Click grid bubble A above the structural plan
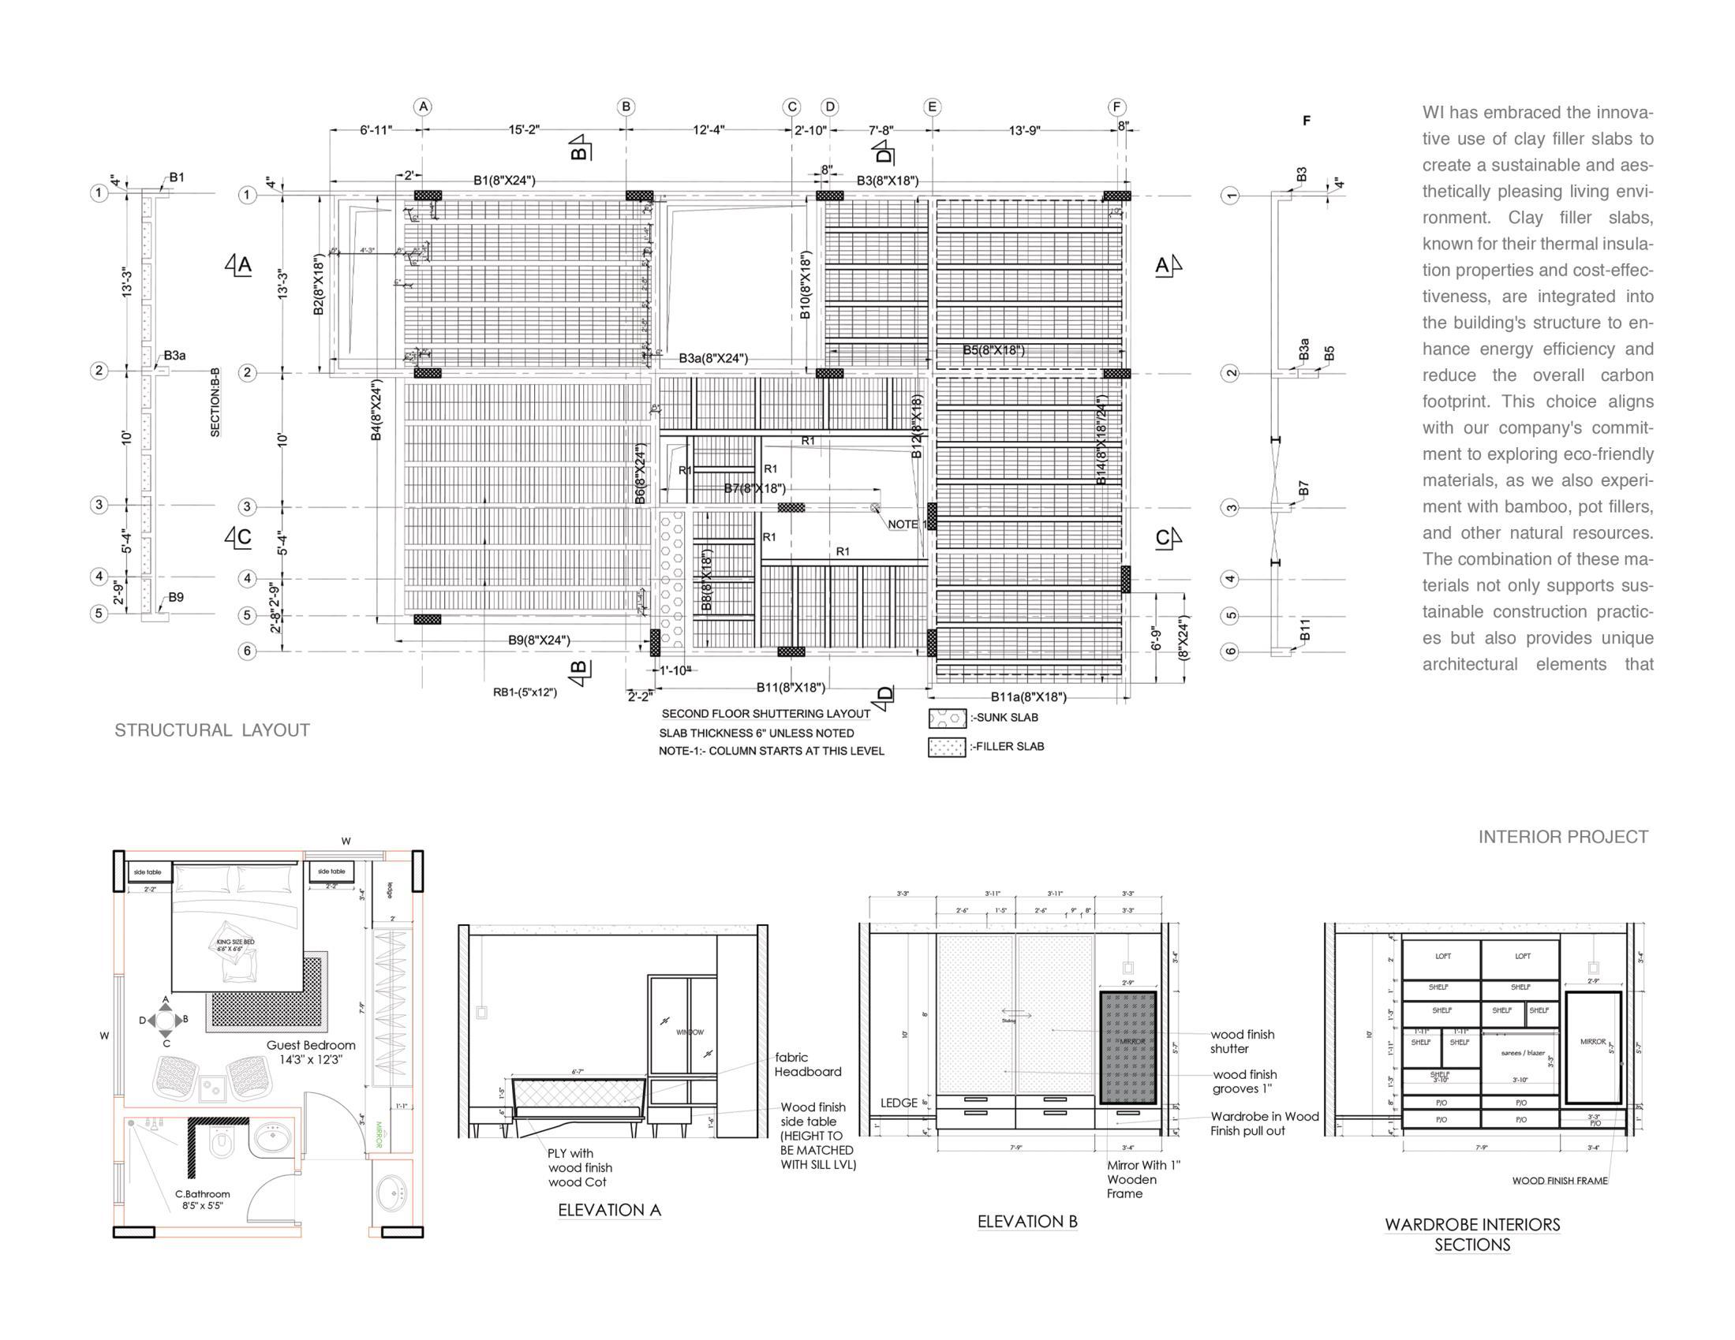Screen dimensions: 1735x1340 coord(424,106)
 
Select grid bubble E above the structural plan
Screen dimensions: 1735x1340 coord(933,106)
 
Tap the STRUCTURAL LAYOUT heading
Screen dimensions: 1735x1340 coord(212,730)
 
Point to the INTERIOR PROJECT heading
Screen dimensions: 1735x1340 coord(1563,836)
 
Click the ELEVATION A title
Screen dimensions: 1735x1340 coord(609,1210)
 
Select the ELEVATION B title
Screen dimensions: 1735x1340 coord(1027,1222)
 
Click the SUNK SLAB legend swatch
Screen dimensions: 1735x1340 coord(947,718)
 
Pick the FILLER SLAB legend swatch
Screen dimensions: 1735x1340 coord(947,747)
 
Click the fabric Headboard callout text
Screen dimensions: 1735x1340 coord(807,1065)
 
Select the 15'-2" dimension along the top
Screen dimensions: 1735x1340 coord(525,129)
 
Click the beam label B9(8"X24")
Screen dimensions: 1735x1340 coord(540,640)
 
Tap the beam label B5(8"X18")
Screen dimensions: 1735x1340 coord(993,350)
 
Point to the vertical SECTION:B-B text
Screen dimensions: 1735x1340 coord(215,402)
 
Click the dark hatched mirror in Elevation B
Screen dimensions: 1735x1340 coord(1127,1047)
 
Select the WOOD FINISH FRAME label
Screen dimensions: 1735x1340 coord(1559,1181)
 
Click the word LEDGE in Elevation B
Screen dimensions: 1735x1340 coord(899,1103)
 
